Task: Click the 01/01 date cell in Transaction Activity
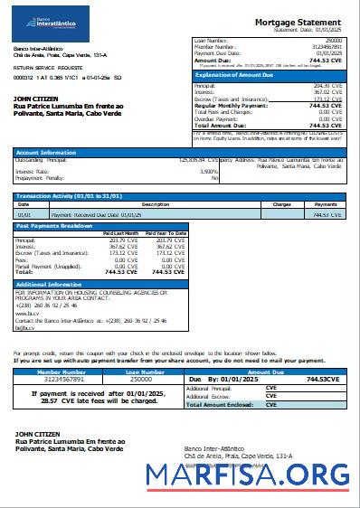click(24, 215)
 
